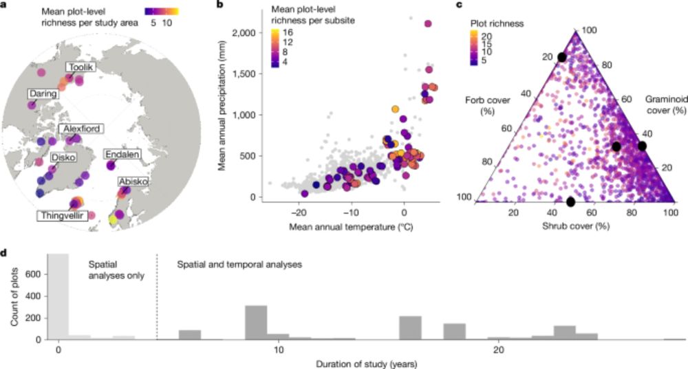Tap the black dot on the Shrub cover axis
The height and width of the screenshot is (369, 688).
click(x=570, y=201)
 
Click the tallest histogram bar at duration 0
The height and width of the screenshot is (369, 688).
click(x=59, y=296)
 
